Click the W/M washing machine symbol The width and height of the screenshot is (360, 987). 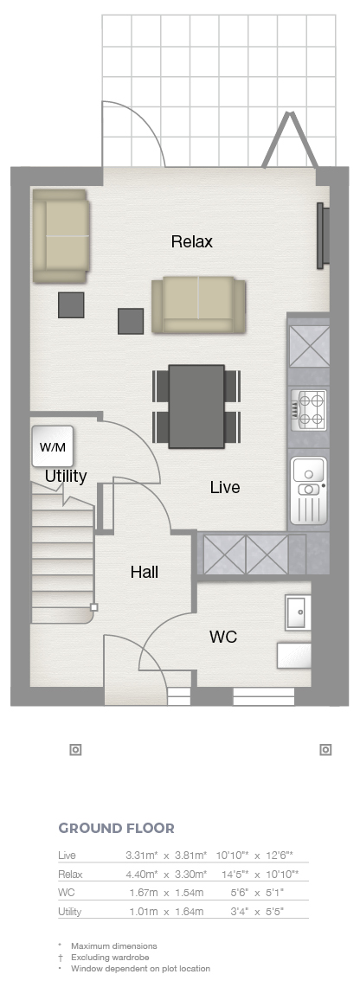point(53,446)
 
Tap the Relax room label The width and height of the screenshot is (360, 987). point(192,241)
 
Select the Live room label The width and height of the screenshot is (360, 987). point(225,487)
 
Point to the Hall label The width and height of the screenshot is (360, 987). point(145,572)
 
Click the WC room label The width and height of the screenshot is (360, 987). point(222,637)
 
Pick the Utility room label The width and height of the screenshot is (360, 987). point(66,477)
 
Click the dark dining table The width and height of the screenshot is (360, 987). point(196,406)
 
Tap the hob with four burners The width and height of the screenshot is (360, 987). point(309,409)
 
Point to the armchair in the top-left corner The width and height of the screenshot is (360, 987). point(60,236)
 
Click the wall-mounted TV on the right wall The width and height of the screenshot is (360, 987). point(322,234)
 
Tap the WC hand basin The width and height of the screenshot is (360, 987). point(297,612)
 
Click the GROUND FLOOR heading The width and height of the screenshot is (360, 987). point(117,829)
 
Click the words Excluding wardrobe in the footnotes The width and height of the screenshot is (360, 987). point(110,958)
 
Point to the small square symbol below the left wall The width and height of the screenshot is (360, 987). point(75,750)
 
